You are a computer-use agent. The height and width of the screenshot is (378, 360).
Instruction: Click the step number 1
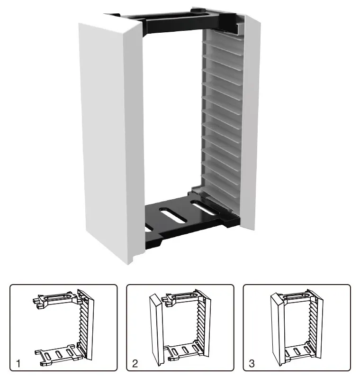pyautogui.click(x=18, y=364)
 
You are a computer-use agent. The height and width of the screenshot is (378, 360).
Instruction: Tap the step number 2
pyautogui.click(x=135, y=364)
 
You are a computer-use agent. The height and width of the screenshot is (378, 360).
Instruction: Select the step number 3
pyautogui.click(x=252, y=364)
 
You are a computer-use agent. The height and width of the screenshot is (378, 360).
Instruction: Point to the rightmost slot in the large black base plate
pyautogui.click(x=204, y=209)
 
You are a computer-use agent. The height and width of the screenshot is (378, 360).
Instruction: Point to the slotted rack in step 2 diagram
pyautogui.click(x=199, y=327)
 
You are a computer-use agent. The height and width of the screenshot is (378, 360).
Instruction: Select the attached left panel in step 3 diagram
pyautogui.click(x=277, y=327)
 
